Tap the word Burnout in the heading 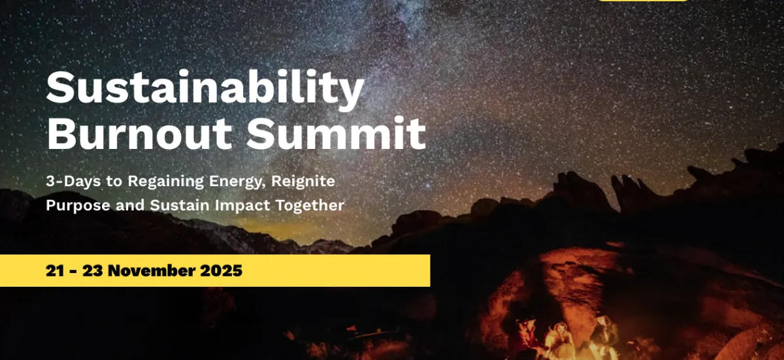[x=139, y=133]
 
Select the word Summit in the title [x=336, y=133]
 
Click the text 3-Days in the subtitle [x=73, y=182]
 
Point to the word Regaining [x=165, y=182]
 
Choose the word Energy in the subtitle [x=237, y=182]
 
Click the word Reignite [x=303, y=182]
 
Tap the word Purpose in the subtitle [x=78, y=205]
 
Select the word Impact [x=242, y=205]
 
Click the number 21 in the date [x=55, y=270]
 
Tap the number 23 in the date [x=93, y=270]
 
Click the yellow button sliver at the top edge [x=643, y=1]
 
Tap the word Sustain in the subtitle [x=180, y=205]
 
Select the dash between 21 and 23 [x=73, y=272]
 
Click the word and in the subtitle [x=130, y=205]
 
